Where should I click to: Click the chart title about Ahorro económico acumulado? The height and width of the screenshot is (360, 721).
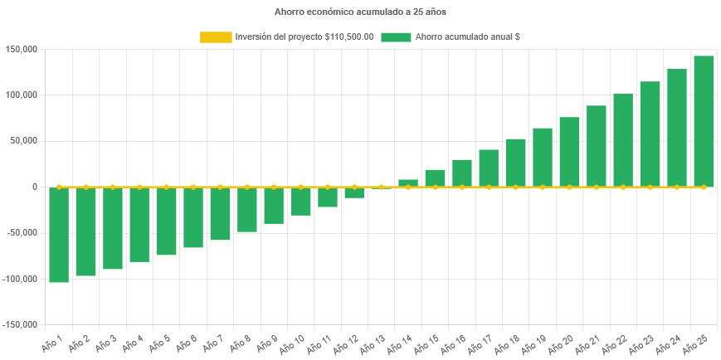[360, 12]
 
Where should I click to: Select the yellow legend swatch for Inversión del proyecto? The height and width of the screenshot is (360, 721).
[216, 37]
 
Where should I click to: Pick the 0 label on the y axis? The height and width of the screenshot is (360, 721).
[35, 187]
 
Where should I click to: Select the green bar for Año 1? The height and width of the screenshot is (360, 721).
[59, 235]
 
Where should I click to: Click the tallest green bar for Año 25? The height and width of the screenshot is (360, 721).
[704, 121]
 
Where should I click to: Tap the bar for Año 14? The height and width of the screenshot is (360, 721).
[408, 183]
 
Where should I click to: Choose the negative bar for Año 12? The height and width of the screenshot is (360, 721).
[354, 192]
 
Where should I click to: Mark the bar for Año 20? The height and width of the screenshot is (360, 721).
[569, 152]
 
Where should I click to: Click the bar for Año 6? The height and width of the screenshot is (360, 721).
[193, 217]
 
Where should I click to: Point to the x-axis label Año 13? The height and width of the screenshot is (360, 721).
[373, 343]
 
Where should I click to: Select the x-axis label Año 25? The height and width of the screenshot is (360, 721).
[695, 343]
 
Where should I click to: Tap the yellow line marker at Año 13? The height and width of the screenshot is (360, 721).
[381, 187]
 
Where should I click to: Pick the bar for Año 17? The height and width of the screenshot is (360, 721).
[489, 168]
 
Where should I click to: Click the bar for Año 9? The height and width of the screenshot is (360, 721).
[274, 206]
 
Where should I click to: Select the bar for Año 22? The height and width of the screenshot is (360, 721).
[623, 140]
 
